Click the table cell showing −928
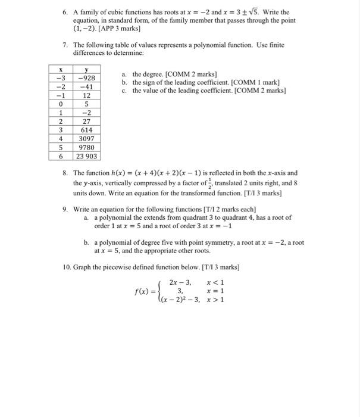(x=86, y=78)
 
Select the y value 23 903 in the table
(x=86, y=156)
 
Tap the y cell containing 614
(x=86, y=130)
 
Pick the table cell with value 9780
(x=86, y=147)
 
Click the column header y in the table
(x=86, y=69)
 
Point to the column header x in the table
(x=60, y=69)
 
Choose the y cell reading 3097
(x=86, y=138)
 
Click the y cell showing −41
(x=86, y=86)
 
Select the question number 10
(x=67, y=266)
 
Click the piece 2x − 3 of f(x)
(x=180, y=282)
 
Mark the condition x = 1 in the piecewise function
(x=215, y=291)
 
